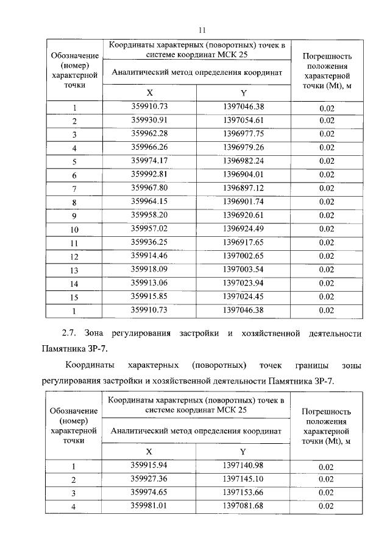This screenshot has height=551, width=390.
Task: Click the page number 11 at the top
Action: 204,29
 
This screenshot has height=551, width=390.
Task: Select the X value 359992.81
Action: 149,174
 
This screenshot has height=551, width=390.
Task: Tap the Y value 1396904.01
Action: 243,174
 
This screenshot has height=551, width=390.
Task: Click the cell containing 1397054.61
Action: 243,120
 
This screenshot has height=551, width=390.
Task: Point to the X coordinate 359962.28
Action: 149,133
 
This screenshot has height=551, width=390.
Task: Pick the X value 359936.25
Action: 149,242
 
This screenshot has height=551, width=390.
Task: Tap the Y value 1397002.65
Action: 243,256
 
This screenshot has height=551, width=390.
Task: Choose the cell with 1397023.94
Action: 243,283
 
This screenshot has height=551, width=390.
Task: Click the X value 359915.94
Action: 149,465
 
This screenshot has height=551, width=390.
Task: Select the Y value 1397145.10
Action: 243,479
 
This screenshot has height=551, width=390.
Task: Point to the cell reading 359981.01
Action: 149,505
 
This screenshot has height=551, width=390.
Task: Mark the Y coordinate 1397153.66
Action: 243,492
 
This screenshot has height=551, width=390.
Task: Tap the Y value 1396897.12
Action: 243,188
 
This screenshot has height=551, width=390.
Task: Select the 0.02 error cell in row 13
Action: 327,270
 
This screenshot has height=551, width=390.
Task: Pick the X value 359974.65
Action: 149,492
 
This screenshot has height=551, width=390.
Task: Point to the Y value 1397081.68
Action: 243,505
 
